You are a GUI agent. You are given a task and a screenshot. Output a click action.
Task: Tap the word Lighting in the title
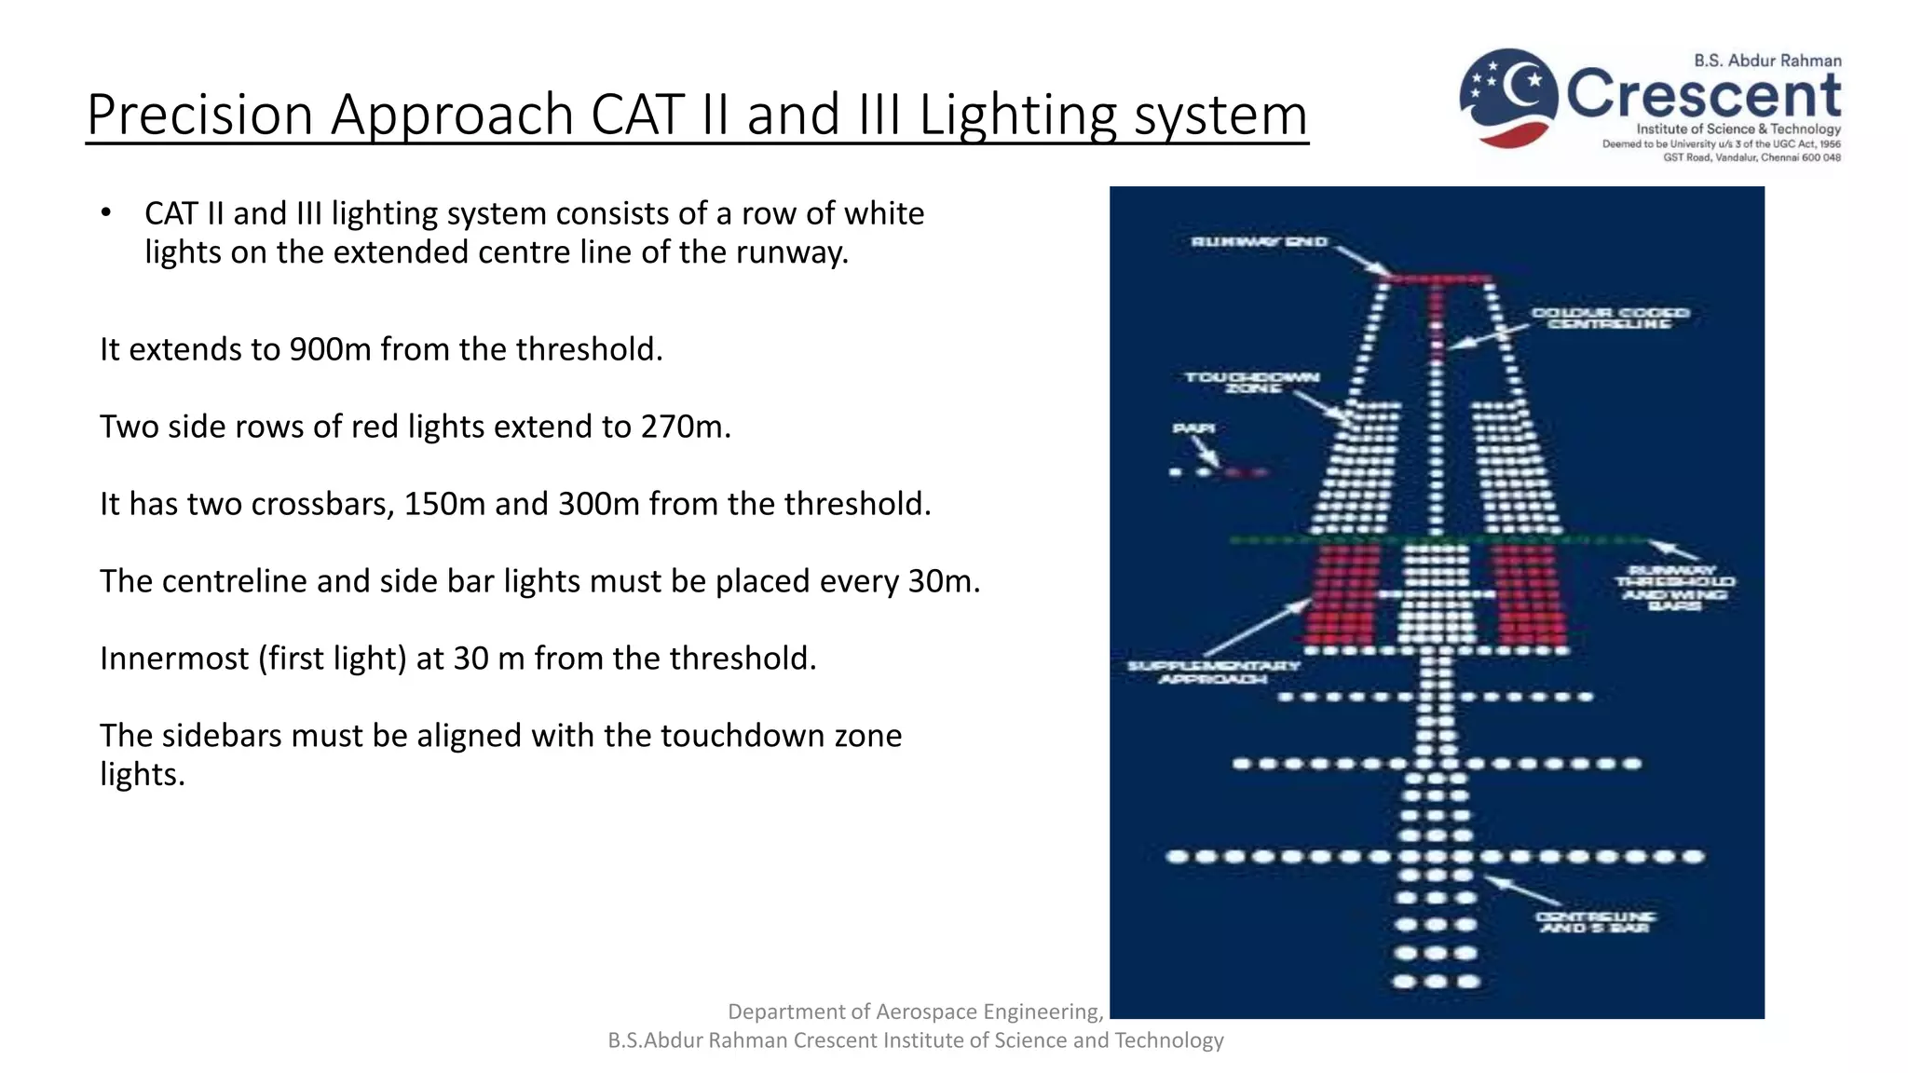pyautogui.click(x=1017, y=116)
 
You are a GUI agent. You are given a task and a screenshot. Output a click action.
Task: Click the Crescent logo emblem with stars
pyautogui.click(x=1508, y=97)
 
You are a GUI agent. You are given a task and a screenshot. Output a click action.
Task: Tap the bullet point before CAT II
pyautogui.click(x=106, y=213)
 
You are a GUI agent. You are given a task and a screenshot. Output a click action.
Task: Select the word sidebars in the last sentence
pyautogui.click(x=217, y=736)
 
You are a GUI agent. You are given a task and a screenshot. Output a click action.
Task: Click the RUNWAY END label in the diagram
pyautogui.click(x=1259, y=242)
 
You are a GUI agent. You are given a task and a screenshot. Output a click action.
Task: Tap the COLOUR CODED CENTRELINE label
pyautogui.click(x=1610, y=318)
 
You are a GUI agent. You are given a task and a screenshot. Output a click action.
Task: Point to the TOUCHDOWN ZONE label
pyautogui.click(x=1252, y=382)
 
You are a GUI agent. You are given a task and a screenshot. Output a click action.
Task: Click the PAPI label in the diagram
pyautogui.click(x=1192, y=428)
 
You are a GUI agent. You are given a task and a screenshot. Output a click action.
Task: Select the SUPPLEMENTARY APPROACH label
pyautogui.click(x=1213, y=672)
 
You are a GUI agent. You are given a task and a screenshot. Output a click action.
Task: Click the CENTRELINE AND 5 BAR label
pyautogui.click(x=1595, y=922)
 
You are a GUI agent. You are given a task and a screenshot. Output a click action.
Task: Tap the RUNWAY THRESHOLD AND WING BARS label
pyautogui.click(x=1674, y=587)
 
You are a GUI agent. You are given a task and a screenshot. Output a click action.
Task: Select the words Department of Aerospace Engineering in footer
pyautogui.click(x=915, y=1012)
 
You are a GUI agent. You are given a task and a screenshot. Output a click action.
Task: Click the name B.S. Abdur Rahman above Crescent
pyautogui.click(x=1767, y=61)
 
